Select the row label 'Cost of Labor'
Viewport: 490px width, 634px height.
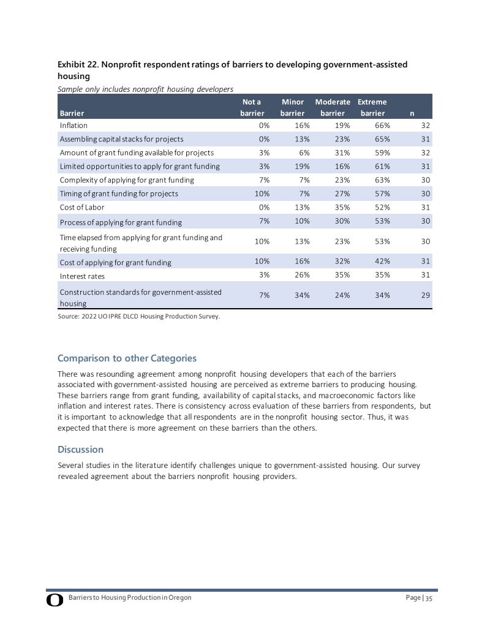click(82, 208)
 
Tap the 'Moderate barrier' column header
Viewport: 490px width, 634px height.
click(333, 107)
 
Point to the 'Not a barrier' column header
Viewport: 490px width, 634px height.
click(252, 107)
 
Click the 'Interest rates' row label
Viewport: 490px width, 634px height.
click(82, 276)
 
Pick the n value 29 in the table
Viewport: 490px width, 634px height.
click(425, 295)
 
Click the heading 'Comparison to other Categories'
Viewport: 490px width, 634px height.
click(127, 358)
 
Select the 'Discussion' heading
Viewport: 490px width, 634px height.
click(80, 449)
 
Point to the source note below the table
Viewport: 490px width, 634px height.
click(138, 316)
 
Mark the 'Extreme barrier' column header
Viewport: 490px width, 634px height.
click(372, 107)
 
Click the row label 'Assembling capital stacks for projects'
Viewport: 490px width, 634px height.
click(121, 139)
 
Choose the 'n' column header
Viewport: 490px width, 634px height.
click(412, 113)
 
